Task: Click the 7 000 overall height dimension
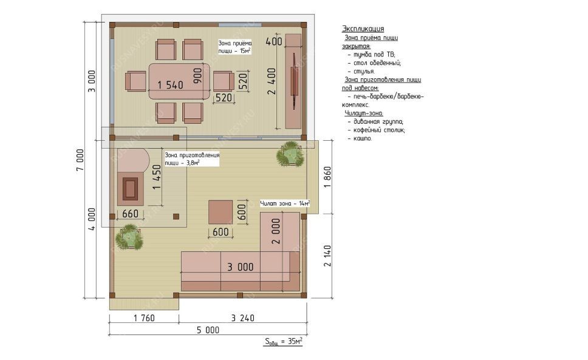click(80, 160)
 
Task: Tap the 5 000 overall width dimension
click(208, 330)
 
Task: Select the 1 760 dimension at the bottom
click(144, 318)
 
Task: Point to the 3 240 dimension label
click(242, 318)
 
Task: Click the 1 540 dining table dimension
click(170, 85)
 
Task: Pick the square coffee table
click(220, 212)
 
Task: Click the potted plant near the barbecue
click(129, 237)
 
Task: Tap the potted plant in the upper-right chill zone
click(290, 154)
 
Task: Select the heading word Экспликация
click(363, 29)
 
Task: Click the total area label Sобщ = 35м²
click(284, 342)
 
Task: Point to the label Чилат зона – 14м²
click(285, 203)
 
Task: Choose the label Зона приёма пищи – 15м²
click(234, 47)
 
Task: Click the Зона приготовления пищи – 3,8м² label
click(192, 159)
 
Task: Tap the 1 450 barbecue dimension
click(157, 177)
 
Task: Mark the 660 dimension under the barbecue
click(130, 214)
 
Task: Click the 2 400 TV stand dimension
click(272, 81)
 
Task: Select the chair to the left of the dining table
click(135, 81)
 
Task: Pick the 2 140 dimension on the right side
click(327, 256)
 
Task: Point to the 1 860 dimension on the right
click(327, 177)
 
